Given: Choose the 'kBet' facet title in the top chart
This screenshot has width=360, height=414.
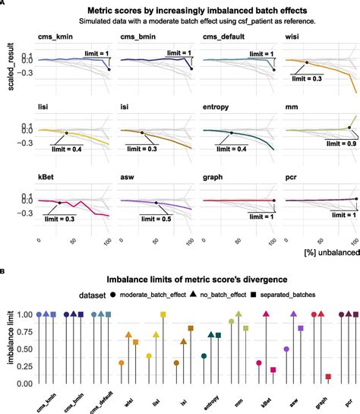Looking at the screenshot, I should [47, 179].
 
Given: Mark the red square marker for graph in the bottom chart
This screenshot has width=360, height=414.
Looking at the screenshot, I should [328, 377].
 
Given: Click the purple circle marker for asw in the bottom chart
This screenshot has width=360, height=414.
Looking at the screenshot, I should [286, 349].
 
